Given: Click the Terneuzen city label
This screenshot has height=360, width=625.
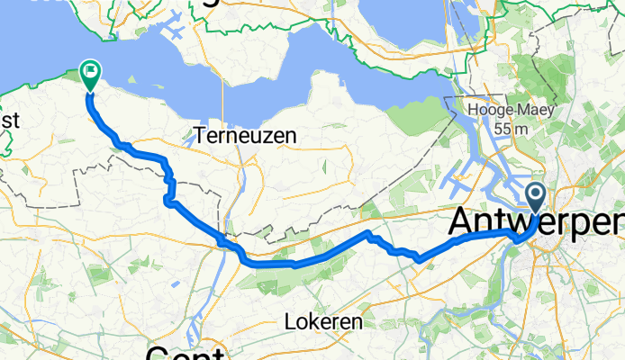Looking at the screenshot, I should [x=241, y=136].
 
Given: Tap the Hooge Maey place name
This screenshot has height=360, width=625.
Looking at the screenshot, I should [x=510, y=111].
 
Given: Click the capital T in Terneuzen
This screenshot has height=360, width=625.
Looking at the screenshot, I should [x=200, y=136].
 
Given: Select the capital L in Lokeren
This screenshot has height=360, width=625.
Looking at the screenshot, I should [x=288, y=321].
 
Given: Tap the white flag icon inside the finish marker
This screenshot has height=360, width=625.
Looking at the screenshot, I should [x=91, y=69].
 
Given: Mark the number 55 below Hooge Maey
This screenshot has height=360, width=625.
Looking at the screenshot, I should [x=503, y=129].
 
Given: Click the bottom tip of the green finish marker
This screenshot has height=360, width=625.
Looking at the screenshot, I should [x=91, y=91].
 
